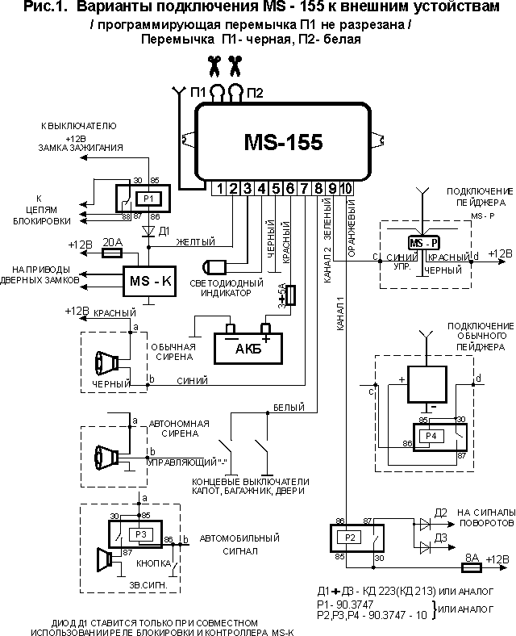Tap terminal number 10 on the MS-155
click(x=346, y=189)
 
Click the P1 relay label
click(x=146, y=198)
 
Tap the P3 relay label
click(x=141, y=534)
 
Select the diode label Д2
click(x=441, y=513)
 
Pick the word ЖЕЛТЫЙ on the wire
click(x=195, y=241)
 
